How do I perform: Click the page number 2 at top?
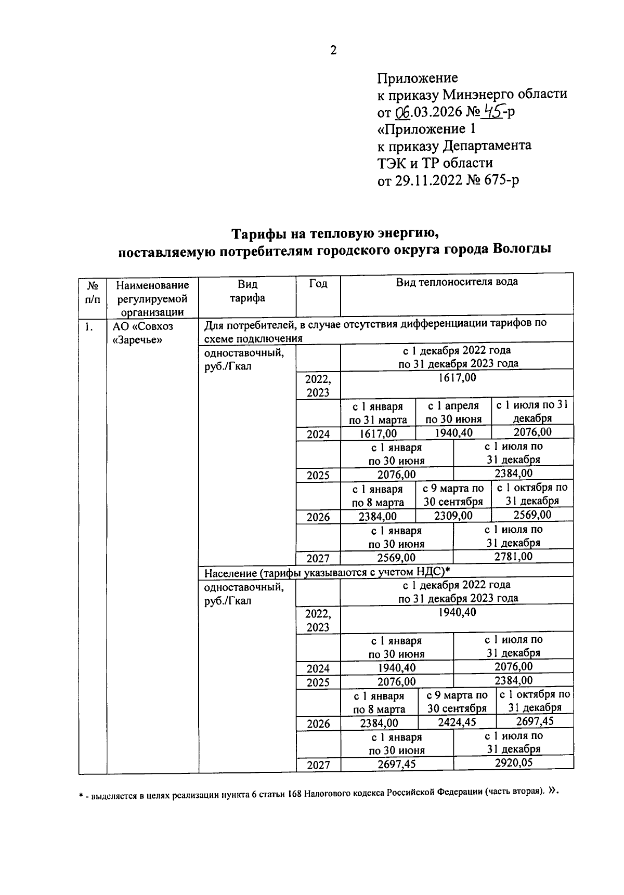333,50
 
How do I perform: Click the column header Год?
318,284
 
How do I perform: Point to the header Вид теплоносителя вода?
457,282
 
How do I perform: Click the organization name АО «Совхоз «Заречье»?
143,333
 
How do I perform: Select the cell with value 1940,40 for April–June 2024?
453,432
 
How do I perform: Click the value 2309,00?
453,516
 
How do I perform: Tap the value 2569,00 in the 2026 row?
532,515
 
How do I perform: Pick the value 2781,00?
513,557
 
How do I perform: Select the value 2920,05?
513,762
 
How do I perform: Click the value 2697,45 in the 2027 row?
396,764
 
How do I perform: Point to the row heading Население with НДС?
327,573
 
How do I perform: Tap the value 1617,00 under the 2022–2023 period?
457,378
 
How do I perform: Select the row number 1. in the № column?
89,327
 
